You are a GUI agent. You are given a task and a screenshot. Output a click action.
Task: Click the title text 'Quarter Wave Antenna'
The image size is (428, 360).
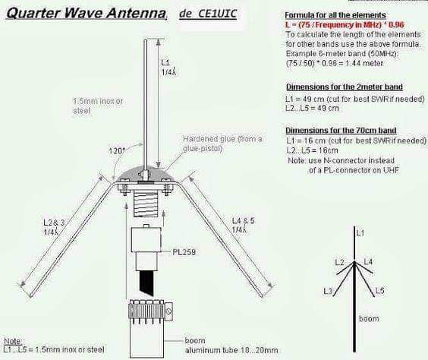[x=86, y=13]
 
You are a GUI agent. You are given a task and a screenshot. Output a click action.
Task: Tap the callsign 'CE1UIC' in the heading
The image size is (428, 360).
[x=217, y=13]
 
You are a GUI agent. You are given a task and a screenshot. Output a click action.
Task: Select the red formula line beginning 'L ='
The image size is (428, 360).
[x=345, y=25]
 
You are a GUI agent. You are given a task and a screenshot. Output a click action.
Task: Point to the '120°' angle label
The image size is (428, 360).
[x=117, y=151]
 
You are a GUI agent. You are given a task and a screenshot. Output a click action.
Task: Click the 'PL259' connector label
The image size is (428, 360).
[x=184, y=252]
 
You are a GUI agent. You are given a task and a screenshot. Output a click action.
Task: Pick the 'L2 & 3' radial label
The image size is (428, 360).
[x=54, y=223]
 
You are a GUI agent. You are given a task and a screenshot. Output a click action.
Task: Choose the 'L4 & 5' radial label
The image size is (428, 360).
[x=243, y=220]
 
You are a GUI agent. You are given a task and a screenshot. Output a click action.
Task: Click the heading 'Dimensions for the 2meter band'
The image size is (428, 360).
[x=345, y=87]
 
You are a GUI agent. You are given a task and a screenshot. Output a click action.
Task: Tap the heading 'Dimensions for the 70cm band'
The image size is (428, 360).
[x=341, y=131]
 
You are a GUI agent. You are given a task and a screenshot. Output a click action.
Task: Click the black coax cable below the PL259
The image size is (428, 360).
[x=146, y=283]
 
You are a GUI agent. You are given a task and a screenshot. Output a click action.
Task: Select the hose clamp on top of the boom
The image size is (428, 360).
[x=150, y=311]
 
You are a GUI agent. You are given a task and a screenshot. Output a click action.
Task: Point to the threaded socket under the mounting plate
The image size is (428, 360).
[x=146, y=204]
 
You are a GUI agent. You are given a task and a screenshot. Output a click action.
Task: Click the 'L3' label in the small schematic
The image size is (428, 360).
[x=328, y=292]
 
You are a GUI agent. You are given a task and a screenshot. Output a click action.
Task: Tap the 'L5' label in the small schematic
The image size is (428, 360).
[x=379, y=290]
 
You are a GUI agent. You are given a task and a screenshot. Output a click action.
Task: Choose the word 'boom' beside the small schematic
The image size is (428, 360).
[x=369, y=319]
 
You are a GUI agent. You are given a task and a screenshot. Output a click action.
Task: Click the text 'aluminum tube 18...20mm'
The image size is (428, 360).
[x=231, y=350]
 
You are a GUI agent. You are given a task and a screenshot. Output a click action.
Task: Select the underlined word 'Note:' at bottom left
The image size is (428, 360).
[x=13, y=341]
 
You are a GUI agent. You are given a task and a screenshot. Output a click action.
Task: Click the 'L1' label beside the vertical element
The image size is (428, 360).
[x=165, y=62]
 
